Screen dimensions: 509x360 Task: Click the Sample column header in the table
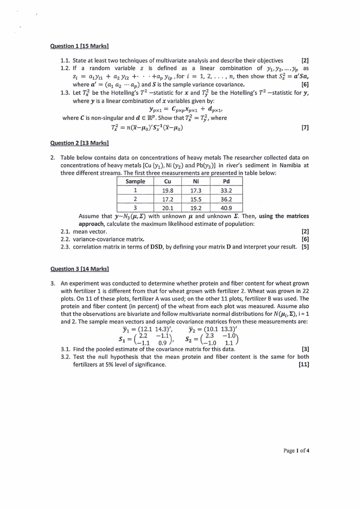point(135,181)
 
